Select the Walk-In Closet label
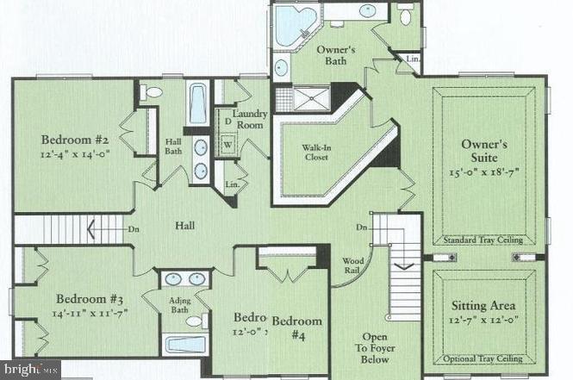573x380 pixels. tap(315, 152)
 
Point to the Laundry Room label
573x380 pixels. tap(250, 119)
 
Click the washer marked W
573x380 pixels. tap(229, 144)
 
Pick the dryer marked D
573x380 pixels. tap(227, 122)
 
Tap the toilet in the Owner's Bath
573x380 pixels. tap(406, 16)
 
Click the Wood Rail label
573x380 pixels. tap(353, 265)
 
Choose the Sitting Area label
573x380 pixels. tap(483, 306)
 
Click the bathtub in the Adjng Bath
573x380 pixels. tap(185, 345)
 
